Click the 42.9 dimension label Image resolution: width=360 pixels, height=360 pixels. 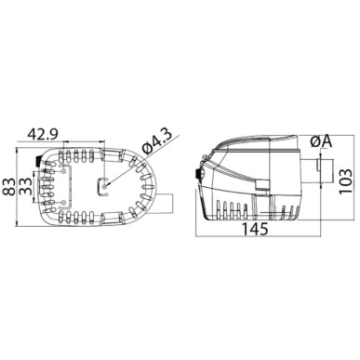[42, 134]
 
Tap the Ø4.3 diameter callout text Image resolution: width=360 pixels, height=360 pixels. [157, 141]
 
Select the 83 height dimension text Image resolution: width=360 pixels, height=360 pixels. [9, 186]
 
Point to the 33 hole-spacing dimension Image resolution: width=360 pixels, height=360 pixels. [25, 186]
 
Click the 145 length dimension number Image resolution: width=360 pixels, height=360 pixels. [254, 230]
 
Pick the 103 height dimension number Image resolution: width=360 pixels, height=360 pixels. [345, 181]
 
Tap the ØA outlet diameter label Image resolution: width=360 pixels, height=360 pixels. [321, 142]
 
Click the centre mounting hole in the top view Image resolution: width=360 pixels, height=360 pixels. [104, 186]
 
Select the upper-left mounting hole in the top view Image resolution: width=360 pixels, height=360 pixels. [63, 170]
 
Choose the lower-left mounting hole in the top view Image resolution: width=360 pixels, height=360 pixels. [63, 202]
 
